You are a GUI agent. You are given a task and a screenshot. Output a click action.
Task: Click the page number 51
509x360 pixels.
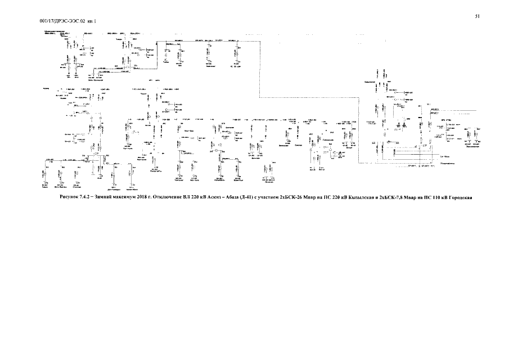pyautogui.click(x=477, y=16)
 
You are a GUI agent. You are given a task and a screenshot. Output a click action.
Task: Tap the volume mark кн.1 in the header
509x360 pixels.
pyautogui.click(x=92, y=21)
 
